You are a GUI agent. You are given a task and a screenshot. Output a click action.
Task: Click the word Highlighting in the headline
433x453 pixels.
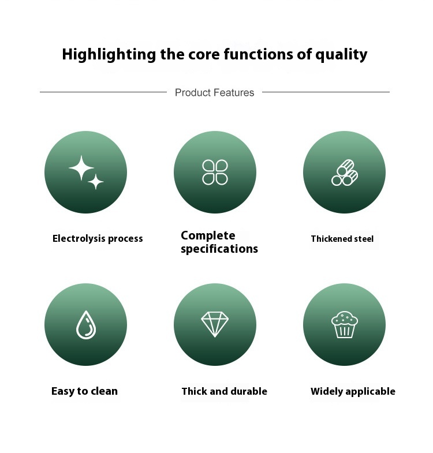(x=109, y=55)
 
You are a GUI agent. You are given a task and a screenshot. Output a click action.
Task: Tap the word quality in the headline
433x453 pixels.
(x=341, y=55)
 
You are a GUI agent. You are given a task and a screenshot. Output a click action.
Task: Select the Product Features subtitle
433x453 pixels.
(x=214, y=92)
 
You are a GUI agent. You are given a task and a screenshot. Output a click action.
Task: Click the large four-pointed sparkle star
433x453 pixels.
(x=81, y=168)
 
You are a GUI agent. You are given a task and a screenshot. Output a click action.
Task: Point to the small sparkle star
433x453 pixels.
(x=96, y=182)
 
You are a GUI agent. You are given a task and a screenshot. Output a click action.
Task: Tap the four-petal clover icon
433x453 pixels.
(x=215, y=172)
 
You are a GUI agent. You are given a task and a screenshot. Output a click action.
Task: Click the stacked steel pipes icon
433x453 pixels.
(x=345, y=173)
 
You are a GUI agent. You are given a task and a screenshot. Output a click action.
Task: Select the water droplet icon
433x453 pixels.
(x=86, y=324)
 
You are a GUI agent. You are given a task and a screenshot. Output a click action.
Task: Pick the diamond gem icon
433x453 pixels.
(x=215, y=324)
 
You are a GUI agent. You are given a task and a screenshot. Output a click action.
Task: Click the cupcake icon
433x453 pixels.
(x=344, y=324)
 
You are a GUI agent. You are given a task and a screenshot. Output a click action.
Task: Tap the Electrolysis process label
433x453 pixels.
(x=98, y=239)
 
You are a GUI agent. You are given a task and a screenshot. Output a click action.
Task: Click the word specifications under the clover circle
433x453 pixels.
(x=219, y=249)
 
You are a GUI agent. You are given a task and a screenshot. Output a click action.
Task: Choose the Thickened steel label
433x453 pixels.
(x=342, y=239)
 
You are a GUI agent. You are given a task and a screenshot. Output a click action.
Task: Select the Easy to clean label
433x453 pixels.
(x=84, y=391)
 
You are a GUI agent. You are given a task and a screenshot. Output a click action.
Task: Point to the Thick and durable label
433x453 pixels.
(x=225, y=391)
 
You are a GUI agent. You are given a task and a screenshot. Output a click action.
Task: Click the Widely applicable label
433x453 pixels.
(x=353, y=391)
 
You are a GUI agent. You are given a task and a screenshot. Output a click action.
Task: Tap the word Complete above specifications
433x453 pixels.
(x=208, y=236)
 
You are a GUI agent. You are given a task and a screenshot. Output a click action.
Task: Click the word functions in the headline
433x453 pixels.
(x=259, y=54)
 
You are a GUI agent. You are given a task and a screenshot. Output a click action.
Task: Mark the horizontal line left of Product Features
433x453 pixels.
(x=103, y=92)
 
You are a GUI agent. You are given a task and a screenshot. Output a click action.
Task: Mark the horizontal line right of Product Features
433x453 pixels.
(x=326, y=92)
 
